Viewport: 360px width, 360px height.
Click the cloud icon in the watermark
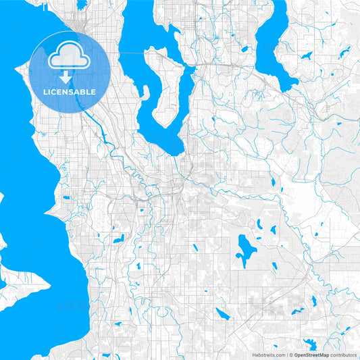tap(70, 57)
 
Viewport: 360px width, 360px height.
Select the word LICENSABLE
tap(70, 92)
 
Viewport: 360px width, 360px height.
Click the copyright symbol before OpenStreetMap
tap(291, 354)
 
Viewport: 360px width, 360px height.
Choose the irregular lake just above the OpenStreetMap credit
tap(311, 343)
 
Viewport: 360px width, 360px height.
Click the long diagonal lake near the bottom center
tap(222, 312)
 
